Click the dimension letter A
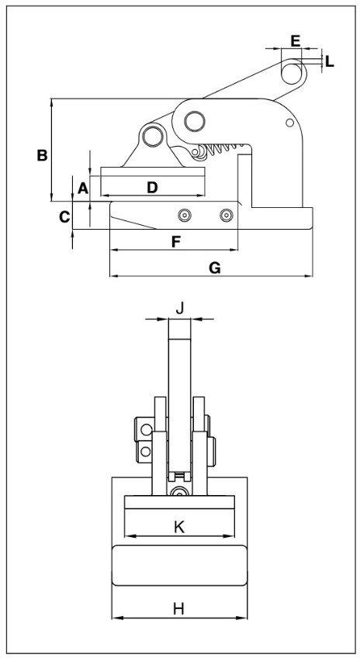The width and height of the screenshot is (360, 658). click(83, 188)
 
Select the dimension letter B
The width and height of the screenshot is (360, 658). click(42, 155)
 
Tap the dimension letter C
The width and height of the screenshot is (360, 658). click(64, 217)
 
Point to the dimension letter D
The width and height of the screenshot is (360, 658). click(152, 188)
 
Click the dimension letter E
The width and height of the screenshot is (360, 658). click(296, 41)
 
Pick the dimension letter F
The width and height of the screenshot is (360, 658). click(176, 242)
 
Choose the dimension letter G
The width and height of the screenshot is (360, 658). click(215, 268)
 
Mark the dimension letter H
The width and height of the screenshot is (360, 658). click(178, 608)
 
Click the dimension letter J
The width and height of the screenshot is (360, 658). click(179, 309)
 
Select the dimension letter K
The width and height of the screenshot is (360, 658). click(179, 528)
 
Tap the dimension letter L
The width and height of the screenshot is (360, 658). click(330, 62)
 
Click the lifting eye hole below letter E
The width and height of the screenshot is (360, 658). click(291, 74)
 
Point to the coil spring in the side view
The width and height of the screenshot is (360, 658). click(223, 148)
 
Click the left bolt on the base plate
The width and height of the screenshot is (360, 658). click(185, 215)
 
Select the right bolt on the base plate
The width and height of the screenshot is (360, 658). click(227, 215)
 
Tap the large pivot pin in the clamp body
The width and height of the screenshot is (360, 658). click(195, 121)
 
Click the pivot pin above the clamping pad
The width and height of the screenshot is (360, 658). click(153, 136)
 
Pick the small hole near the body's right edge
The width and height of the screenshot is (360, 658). click(289, 123)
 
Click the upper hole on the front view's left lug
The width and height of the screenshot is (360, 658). click(146, 429)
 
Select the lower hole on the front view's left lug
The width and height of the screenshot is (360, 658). click(146, 452)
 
